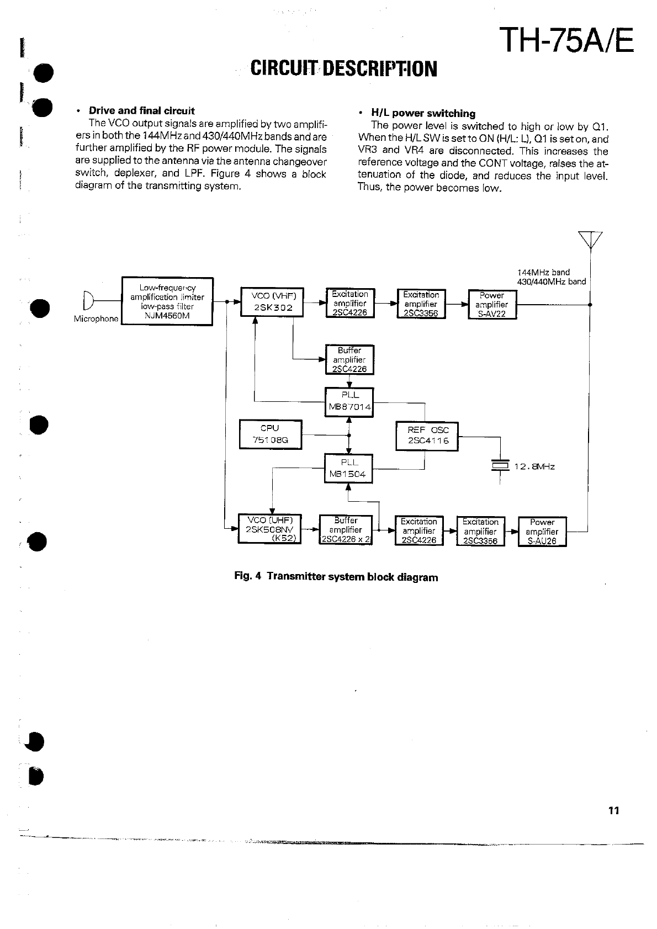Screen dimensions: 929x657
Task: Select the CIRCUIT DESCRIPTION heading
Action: point(343,68)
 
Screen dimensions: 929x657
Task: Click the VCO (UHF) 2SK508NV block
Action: point(270,529)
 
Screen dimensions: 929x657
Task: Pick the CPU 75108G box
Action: point(271,434)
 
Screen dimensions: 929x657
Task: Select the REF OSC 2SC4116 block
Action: point(427,436)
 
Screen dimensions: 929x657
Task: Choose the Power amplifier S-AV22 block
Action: point(492,305)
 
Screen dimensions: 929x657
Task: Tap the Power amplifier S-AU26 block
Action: point(542,531)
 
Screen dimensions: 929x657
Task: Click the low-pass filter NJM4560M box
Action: point(167,301)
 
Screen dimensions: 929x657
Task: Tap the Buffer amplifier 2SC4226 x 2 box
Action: point(346,530)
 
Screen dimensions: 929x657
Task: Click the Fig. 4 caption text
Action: point(336,577)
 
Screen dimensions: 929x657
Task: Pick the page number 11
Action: point(613,810)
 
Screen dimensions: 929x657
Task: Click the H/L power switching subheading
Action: point(423,114)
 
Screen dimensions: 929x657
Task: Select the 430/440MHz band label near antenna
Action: point(551,282)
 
